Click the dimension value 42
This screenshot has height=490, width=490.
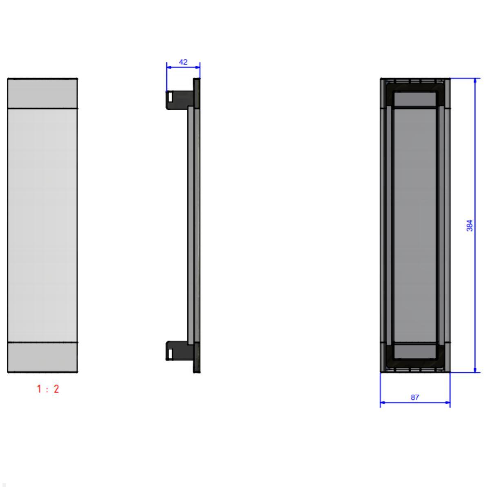click(183, 62)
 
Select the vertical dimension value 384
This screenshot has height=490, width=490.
click(470, 225)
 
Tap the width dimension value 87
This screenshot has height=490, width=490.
click(415, 397)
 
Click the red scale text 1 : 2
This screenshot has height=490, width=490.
click(48, 389)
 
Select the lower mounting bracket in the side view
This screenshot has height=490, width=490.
click(180, 351)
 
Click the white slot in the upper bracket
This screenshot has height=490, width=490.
click(170, 97)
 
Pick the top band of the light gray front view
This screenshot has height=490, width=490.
click(42, 94)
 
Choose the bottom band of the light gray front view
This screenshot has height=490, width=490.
click(42, 357)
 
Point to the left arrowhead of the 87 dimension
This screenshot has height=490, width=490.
click(383, 403)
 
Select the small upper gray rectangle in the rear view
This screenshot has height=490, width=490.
click(415, 99)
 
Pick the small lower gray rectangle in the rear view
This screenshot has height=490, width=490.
click(415, 352)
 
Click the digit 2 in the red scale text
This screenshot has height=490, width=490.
click(56, 389)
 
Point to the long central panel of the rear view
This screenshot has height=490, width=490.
click(415, 225)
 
